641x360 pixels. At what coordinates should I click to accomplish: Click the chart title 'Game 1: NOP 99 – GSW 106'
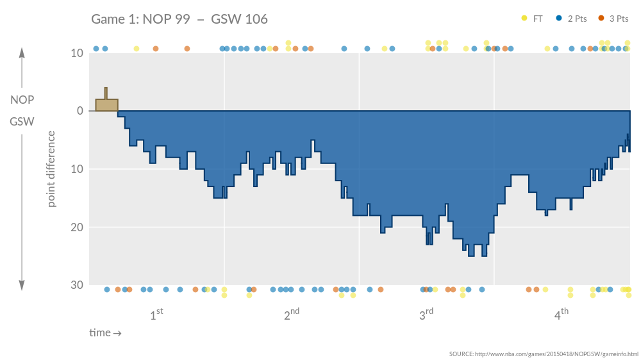[x=179, y=19]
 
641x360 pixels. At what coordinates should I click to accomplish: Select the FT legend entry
[x=533, y=19]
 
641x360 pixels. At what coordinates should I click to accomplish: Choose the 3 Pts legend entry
[x=613, y=19]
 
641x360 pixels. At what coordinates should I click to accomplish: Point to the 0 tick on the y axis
[x=80, y=111]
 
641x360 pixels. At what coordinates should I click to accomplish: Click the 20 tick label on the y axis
[x=77, y=227]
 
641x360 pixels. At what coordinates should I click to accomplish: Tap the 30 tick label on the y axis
[x=77, y=285]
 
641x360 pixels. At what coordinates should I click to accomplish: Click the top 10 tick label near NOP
[x=77, y=53]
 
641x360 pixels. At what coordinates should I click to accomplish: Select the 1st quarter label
[x=156, y=315]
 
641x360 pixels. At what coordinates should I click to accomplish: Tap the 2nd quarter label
[x=292, y=315]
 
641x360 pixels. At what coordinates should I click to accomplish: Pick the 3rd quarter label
[x=426, y=315]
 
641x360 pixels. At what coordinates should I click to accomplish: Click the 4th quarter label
[x=562, y=315]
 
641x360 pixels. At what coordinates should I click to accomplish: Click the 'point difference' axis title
[x=52, y=169]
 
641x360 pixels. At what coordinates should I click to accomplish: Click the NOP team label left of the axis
[x=22, y=100]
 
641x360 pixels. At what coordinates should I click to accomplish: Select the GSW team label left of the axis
[x=22, y=121]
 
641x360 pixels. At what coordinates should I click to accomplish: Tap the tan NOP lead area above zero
[x=106, y=105]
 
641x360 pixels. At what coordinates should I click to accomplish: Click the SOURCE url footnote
[x=544, y=354]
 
